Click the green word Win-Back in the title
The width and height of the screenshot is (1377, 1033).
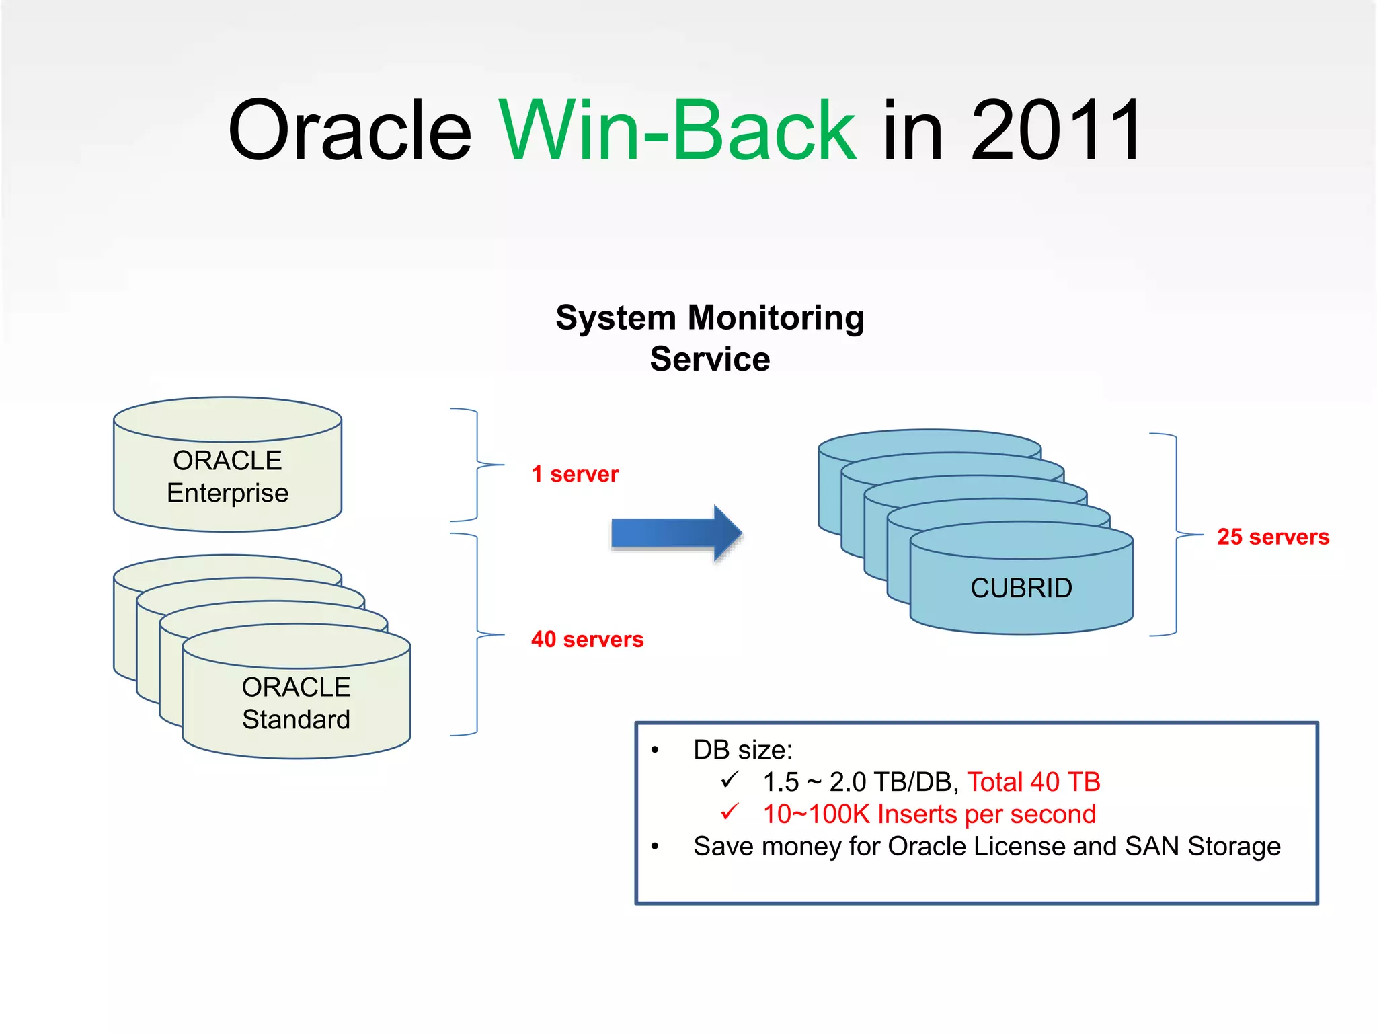[x=676, y=131]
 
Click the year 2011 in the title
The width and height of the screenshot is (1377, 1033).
[x=1056, y=131]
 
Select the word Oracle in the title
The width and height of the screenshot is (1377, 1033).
[x=350, y=131]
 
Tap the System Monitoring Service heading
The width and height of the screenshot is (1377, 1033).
[x=710, y=338]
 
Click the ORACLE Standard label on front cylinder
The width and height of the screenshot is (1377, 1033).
[x=296, y=703]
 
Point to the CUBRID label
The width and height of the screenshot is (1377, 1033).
[x=1021, y=588]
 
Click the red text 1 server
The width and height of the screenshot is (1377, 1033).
[x=575, y=474]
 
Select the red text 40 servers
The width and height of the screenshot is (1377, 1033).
[x=587, y=639]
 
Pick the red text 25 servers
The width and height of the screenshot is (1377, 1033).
[x=1273, y=537]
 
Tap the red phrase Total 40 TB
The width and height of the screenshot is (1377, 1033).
[x=1033, y=782]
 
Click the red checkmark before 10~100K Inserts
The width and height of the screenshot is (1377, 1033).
[x=730, y=812]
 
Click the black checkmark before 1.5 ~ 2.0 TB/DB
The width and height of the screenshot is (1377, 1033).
[x=730, y=780]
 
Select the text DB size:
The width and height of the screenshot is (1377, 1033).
[x=743, y=750]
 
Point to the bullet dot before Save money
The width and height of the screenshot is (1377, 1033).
[x=655, y=847]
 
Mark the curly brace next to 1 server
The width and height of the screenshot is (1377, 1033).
[x=477, y=465]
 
